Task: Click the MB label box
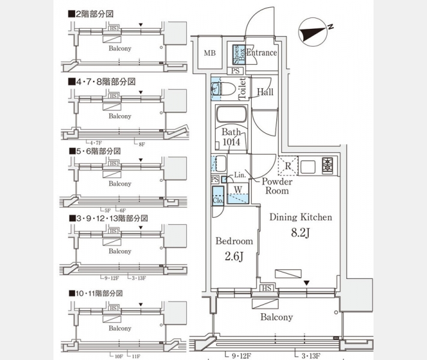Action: (209, 53)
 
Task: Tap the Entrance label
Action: (261, 53)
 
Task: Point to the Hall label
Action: (265, 92)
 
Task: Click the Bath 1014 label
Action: (231, 137)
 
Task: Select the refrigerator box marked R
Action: (288, 166)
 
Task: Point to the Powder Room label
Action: (276, 186)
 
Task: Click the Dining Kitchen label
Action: (300, 217)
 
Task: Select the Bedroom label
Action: (234, 241)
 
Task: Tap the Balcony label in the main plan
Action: (276, 317)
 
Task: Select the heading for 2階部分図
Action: (94, 13)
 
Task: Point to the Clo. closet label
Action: (217, 200)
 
